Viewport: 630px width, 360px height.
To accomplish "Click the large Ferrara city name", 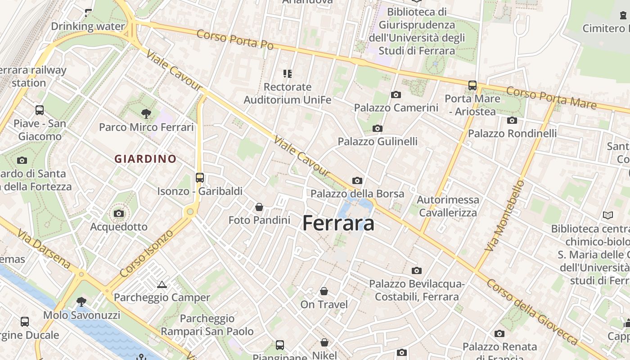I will (x=338, y=223).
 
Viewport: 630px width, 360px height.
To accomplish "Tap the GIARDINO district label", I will (x=145, y=159).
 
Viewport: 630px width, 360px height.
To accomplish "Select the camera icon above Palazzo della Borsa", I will (x=357, y=181).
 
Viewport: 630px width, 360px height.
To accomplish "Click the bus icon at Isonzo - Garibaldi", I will (x=200, y=178).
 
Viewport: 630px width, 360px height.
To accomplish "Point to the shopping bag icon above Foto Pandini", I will (x=259, y=207).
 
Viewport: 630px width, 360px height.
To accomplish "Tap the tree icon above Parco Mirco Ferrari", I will (x=146, y=113).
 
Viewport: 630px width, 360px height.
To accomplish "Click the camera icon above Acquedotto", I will (x=119, y=213).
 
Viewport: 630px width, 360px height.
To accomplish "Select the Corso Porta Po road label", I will (x=235, y=40).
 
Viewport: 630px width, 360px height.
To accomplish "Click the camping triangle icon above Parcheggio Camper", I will (x=162, y=284).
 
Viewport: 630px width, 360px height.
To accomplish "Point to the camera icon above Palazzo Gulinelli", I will (x=378, y=129).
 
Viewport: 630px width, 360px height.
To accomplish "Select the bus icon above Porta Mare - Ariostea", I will (x=472, y=85).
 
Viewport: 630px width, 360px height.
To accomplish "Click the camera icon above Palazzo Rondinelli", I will (x=512, y=120).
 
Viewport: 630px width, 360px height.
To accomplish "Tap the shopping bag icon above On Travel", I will (x=324, y=292).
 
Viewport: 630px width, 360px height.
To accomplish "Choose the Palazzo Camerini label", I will (x=396, y=108).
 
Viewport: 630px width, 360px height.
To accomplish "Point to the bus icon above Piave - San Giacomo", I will (x=40, y=110).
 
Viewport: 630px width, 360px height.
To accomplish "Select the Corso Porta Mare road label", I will (x=551, y=98).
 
